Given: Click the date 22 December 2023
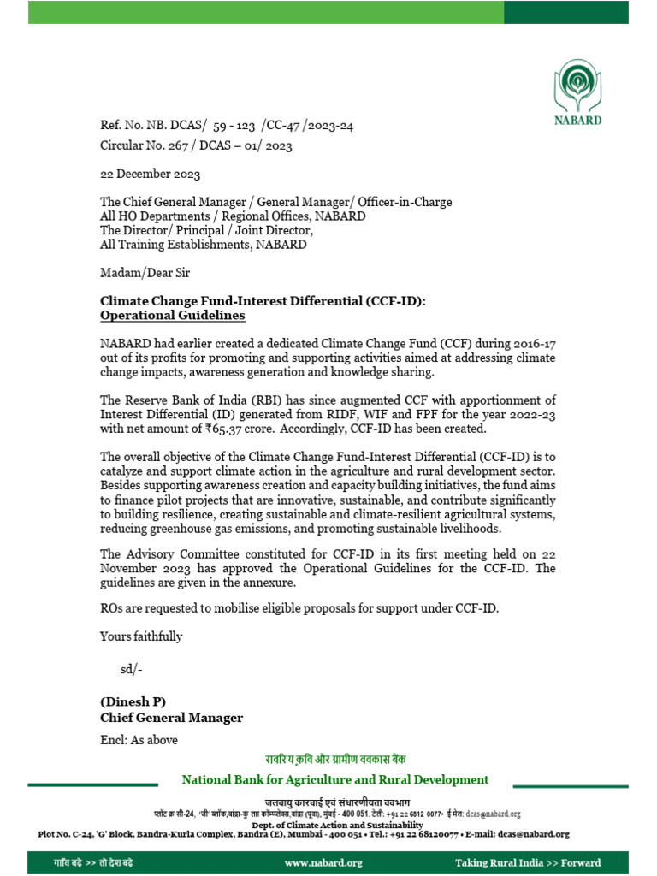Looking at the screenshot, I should pyautogui.click(x=151, y=175).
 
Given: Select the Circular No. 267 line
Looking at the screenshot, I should pyautogui.click(x=196, y=146).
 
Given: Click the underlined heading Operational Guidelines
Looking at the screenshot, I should pyautogui.click(x=173, y=316).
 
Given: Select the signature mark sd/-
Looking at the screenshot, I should pyautogui.click(x=131, y=668).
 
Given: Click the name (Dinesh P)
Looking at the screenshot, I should pyautogui.click(x=133, y=702).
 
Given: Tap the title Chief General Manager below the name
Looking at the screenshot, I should pyautogui.click(x=171, y=719).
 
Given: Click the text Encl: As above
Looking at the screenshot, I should pyautogui.click(x=139, y=740).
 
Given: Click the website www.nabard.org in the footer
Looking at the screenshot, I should pyautogui.click(x=323, y=862).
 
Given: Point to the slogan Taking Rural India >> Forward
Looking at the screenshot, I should pyautogui.click(x=528, y=862).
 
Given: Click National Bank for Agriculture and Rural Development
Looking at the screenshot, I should pyautogui.click(x=334, y=779).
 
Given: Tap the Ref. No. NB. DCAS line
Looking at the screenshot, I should pyautogui.click(x=227, y=126).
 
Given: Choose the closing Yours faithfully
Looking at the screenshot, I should pyautogui.click(x=141, y=636).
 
